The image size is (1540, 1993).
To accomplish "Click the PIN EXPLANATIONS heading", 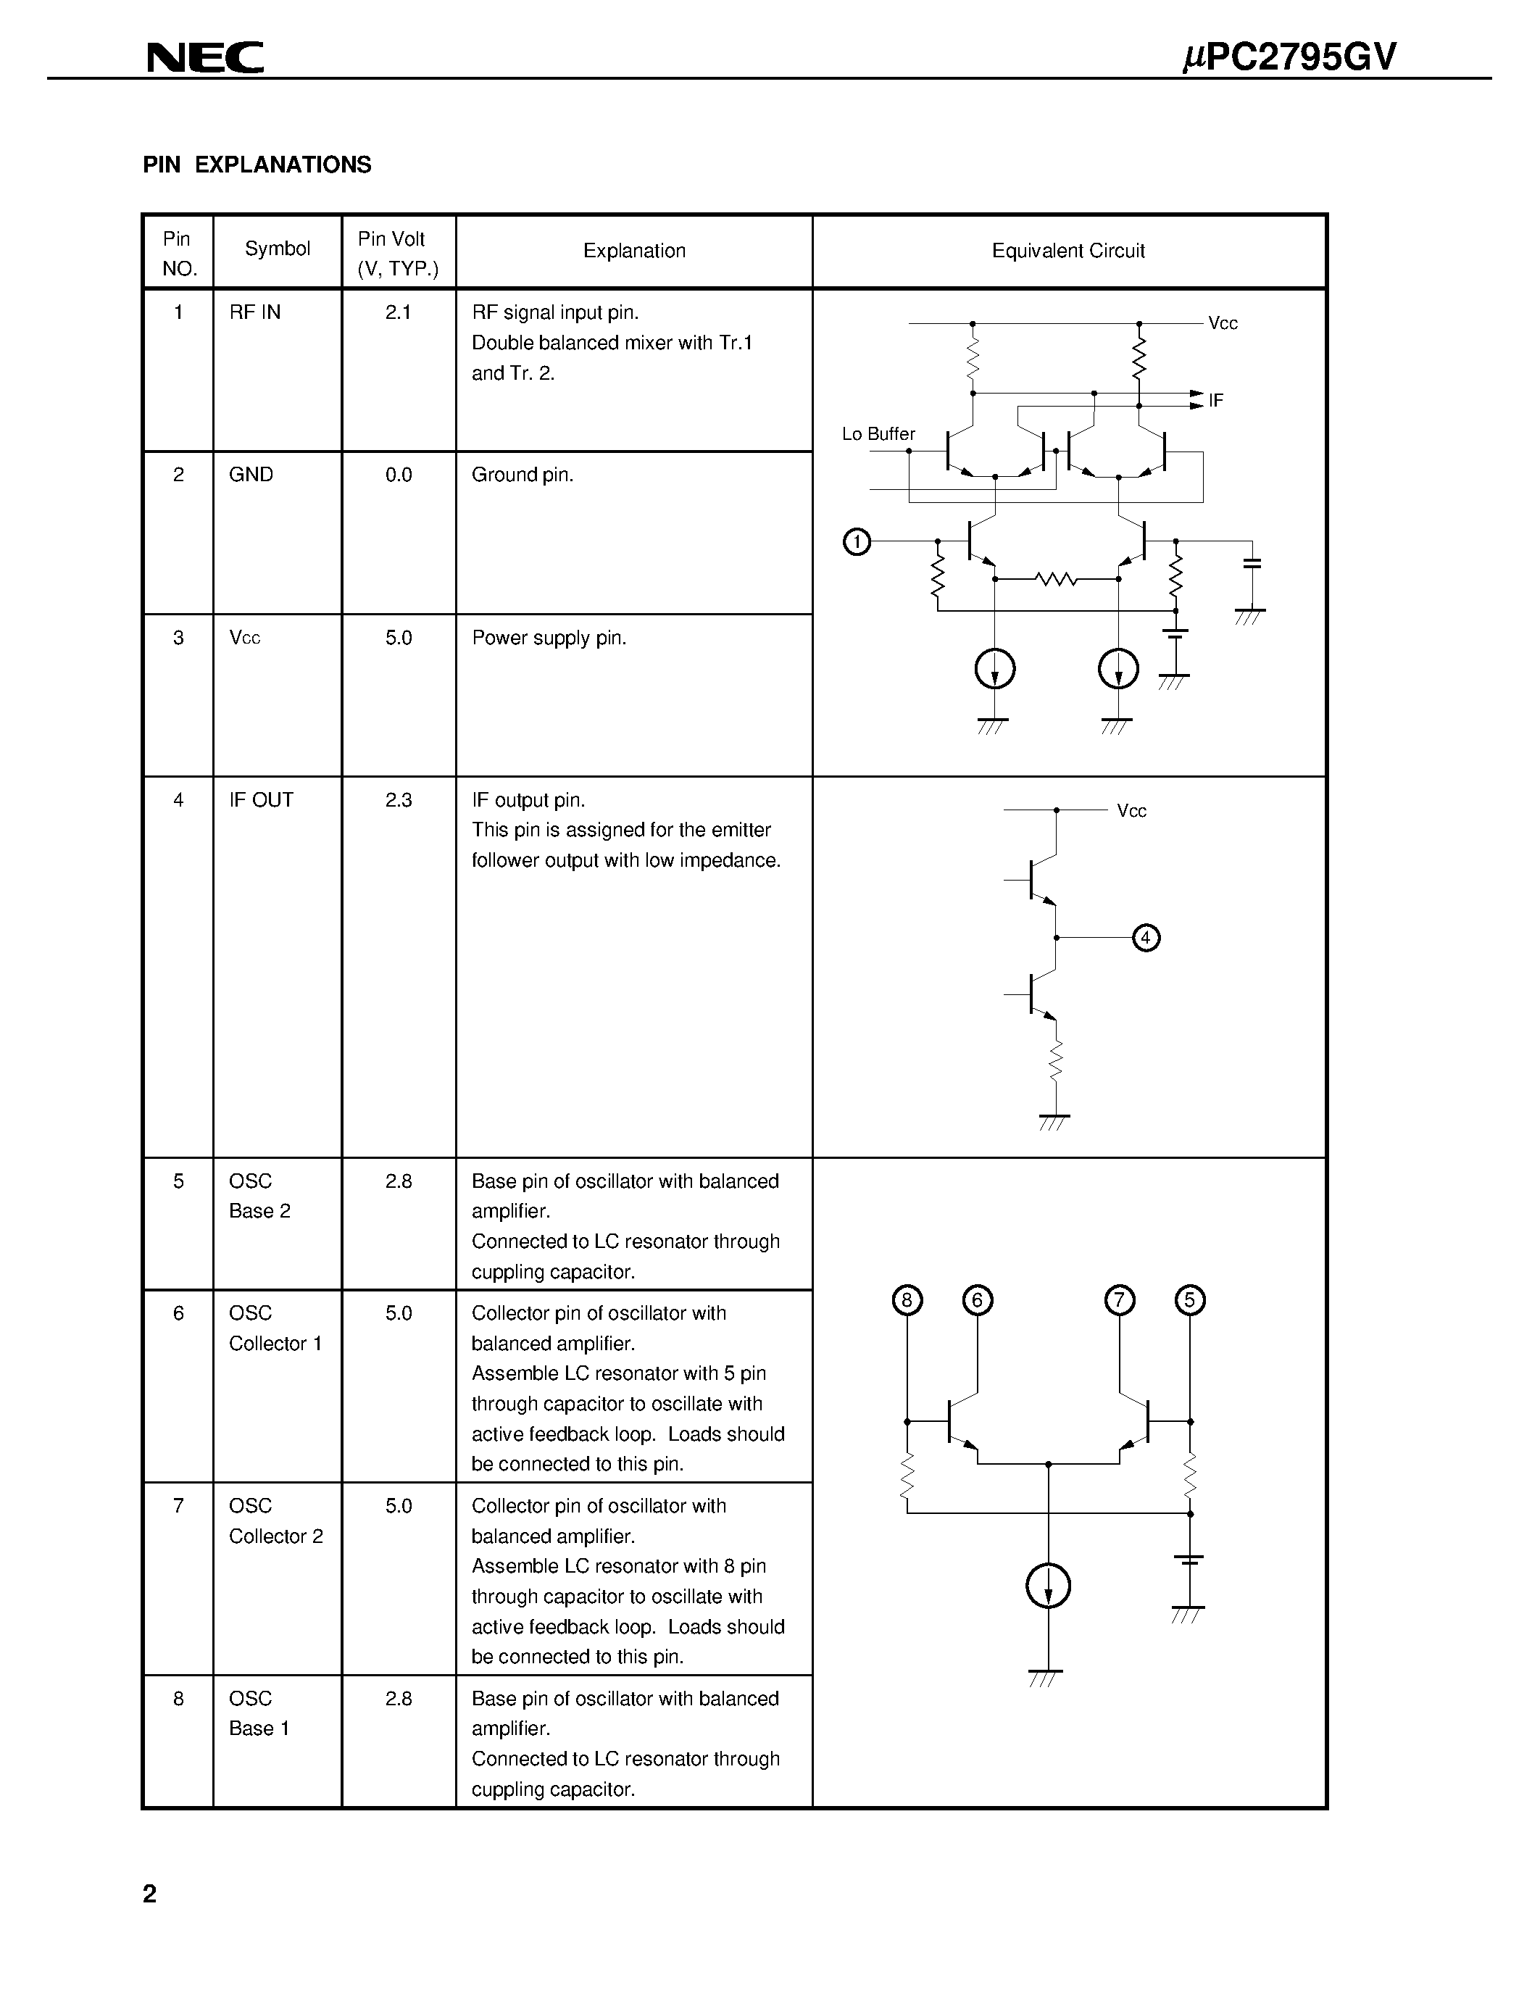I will (257, 165).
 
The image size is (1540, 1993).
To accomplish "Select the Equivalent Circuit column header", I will (1067, 251).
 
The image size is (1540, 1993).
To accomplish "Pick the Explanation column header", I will (634, 251).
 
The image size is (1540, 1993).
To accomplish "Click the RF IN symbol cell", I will (254, 312).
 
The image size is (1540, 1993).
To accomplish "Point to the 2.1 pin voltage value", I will (398, 312).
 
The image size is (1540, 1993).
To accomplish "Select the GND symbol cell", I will (251, 475).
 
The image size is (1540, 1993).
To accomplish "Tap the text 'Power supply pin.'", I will (549, 638).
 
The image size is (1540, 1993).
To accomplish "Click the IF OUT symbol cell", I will (261, 800).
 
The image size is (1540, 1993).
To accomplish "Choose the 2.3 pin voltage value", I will (399, 800).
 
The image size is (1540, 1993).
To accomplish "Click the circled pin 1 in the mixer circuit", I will (857, 542).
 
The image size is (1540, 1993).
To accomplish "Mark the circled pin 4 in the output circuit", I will (1146, 937).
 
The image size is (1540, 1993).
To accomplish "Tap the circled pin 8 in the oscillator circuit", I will (907, 1300).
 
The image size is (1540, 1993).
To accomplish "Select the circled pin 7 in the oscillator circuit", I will (1120, 1300).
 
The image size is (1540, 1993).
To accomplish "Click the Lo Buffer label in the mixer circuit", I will (878, 434).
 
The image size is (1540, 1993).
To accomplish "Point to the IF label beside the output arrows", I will (1215, 401).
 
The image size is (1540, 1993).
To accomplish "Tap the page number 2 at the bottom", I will (149, 1894).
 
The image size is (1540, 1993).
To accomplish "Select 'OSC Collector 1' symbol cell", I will (275, 1328).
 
